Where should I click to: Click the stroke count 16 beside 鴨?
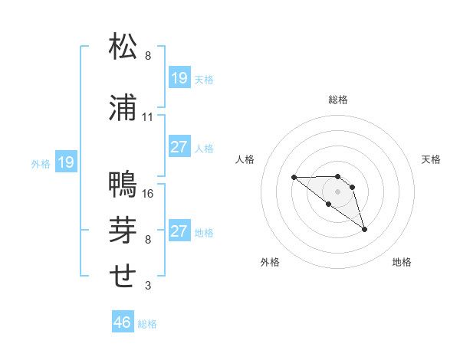[x=148, y=194]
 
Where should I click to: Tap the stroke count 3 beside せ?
[x=148, y=286]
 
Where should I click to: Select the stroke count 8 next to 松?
[x=148, y=56]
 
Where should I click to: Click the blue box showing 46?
[x=123, y=323]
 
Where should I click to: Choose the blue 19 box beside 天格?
[x=179, y=78]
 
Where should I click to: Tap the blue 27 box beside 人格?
[x=179, y=147]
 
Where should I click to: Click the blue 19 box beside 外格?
[x=66, y=162]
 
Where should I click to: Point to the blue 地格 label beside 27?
[x=204, y=232]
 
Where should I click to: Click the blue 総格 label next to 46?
[x=147, y=324]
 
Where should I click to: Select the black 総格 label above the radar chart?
[x=338, y=100]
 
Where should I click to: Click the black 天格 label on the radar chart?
[x=432, y=159]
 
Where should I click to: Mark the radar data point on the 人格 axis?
[x=294, y=177]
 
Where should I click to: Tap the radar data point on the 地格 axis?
[x=364, y=229]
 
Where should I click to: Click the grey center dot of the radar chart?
[x=337, y=191]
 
